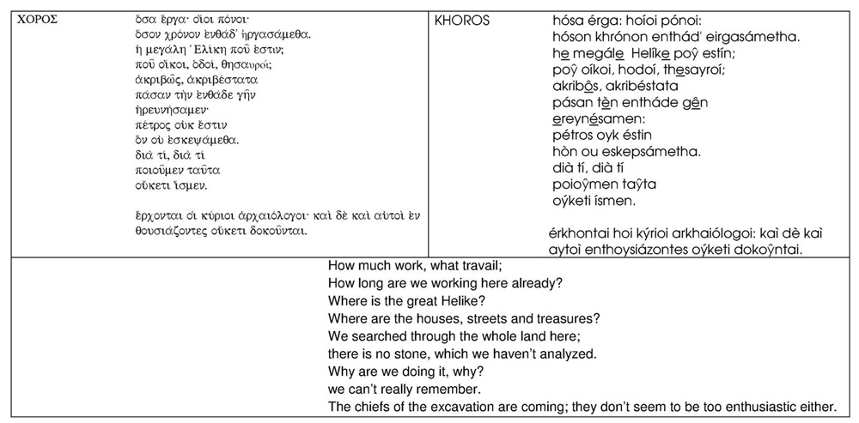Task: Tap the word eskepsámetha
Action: pos(649,151)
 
